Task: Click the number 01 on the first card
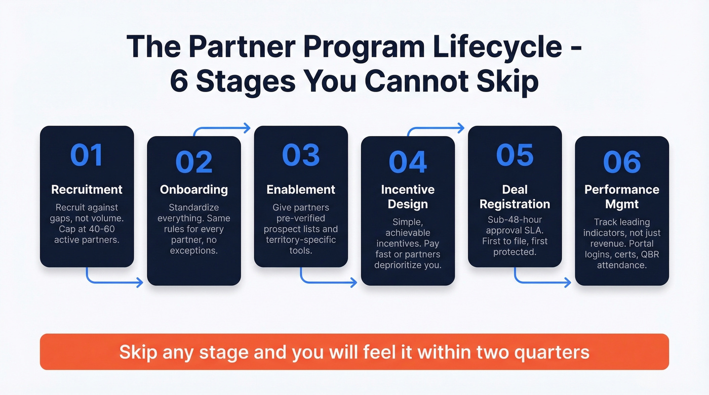click(87, 155)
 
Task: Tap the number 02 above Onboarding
click(193, 162)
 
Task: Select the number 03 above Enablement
click(301, 155)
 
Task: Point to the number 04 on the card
click(408, 162)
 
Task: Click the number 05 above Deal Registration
click(515, 155)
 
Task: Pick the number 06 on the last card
click(622, 162)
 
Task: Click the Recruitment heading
click(87, 190)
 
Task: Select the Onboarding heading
click(193, 190)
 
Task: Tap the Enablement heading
click(301, 190)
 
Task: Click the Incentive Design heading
click(408, 197)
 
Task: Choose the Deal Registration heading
click(515, 197)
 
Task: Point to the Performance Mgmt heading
click(622, 197)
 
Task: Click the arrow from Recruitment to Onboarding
click(114, 281)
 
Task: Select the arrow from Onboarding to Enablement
click(221, 129)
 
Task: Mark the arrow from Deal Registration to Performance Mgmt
click(542, 281)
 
